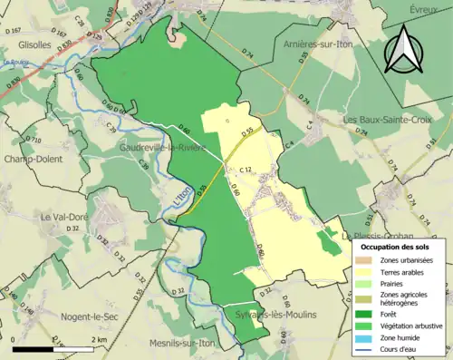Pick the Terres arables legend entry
pos(401,271)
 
